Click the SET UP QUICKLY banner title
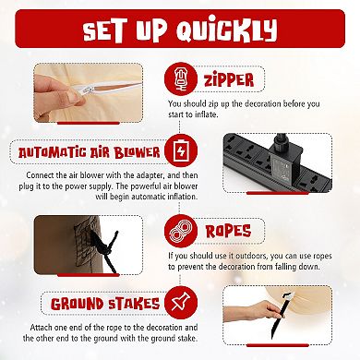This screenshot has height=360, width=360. click(180, 30)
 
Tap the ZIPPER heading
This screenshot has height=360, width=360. click(229, 79)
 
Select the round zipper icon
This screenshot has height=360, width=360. click(181, 78)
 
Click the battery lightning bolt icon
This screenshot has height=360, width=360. click(181, 150)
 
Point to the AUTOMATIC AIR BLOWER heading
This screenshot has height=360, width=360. click(90, 152)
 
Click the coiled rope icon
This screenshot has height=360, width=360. click(181, 231)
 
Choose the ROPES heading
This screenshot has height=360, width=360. click(228, 232)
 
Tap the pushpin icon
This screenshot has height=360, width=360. click(181, 303)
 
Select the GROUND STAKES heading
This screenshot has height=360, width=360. click(105, 304)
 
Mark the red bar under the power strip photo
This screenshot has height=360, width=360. click(277, 193)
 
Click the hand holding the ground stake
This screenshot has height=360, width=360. click(256, 311)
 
